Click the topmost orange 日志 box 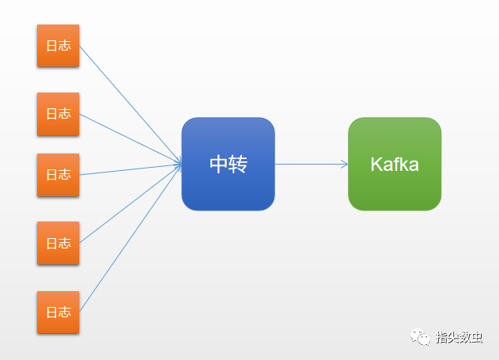pos(58,46)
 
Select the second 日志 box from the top pos(58,114)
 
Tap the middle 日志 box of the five pos(58,175)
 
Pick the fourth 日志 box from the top pos(58,243)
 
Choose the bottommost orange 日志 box pos(58,312)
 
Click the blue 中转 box pos(228,164)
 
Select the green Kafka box pos(394,164)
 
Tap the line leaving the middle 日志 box pos(127,169)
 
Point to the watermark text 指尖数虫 pos(459,338)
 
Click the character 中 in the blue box pos(218,165)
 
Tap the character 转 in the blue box pos(238,165)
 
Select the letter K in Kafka pos(376,165)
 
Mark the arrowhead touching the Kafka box pos(344,165)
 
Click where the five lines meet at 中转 pos(180,165)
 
